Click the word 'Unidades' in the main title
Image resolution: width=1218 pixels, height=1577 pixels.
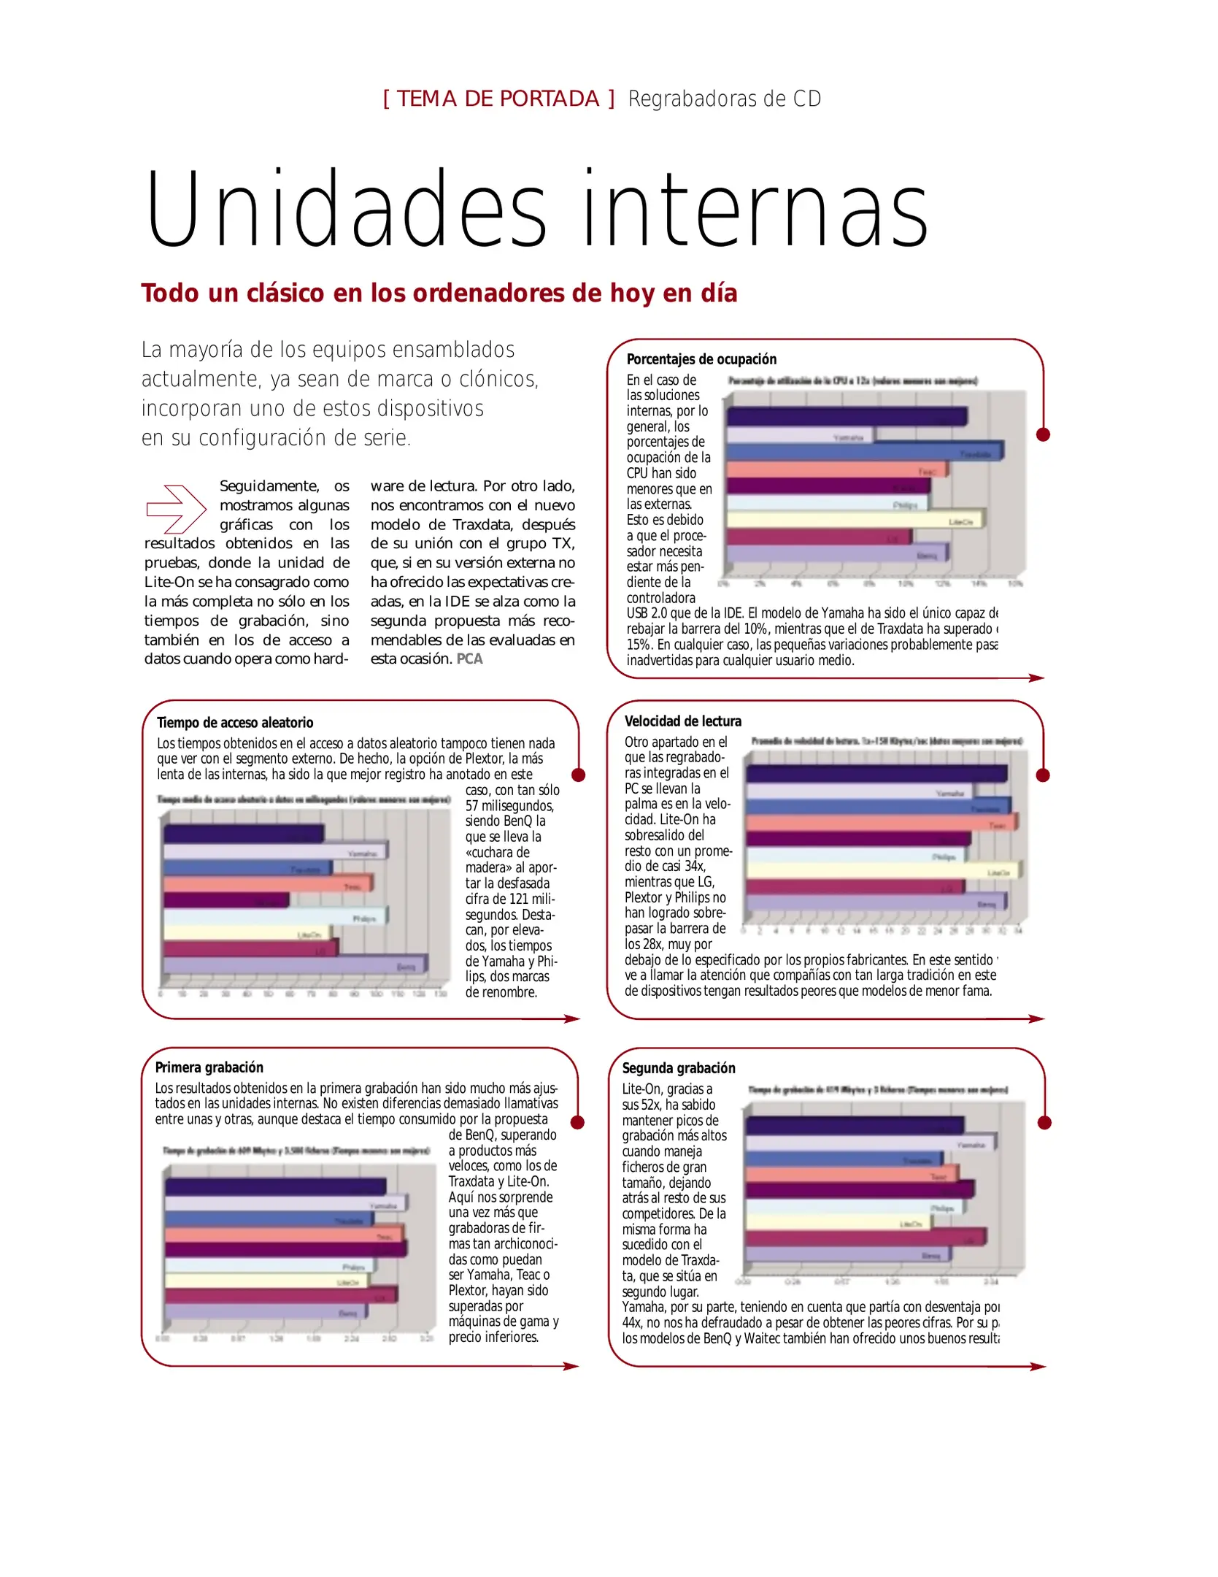click(x=345, y=210)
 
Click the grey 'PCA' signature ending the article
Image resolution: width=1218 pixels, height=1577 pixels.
click(x=469, y=659)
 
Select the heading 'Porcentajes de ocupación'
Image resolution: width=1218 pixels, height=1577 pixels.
click(x=701, y=359)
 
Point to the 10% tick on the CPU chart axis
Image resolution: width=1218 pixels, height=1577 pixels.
click(x=905, y=584)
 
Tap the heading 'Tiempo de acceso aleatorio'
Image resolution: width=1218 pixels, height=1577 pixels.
click(x=234, y=723)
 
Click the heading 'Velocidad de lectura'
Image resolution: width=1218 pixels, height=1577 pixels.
click(x=682, y=721)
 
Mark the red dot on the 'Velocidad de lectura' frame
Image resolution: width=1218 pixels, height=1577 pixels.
click(x=1043, y=775)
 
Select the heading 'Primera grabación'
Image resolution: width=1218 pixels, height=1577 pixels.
click(x=209, y=1067)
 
